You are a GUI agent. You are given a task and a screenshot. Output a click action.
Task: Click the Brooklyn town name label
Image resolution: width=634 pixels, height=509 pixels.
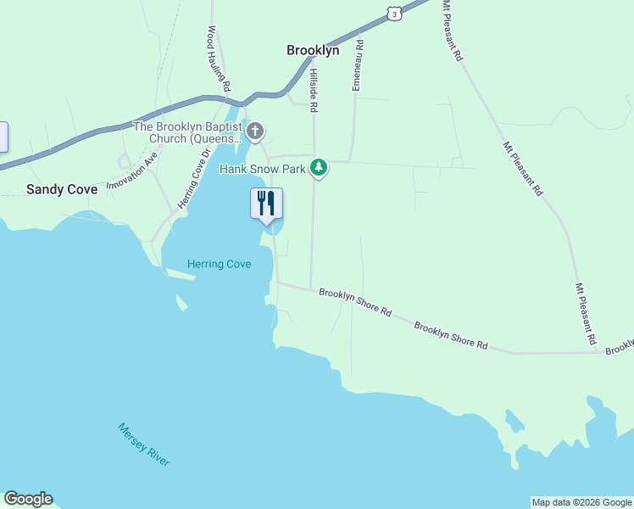tap(313, 50)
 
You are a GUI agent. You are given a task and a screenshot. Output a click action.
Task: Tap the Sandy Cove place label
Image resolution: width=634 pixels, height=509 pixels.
tap(62, 189)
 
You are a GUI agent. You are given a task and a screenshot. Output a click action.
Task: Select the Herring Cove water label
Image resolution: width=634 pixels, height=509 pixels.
tap(220, 264)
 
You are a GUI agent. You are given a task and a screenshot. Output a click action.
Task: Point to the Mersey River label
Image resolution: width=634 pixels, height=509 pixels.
tap(144, 444)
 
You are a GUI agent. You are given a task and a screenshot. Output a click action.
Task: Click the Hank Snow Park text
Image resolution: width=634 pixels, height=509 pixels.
tap(262, 169)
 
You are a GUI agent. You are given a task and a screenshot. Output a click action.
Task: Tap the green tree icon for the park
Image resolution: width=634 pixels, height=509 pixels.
tap(319, 168)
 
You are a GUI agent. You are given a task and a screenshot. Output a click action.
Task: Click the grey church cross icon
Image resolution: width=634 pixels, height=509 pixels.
tap(255, 131)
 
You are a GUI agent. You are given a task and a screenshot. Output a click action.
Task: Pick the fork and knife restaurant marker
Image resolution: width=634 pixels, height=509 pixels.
tap(266, 204)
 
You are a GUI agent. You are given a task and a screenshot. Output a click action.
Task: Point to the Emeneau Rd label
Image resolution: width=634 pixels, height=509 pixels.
tap(358, 64)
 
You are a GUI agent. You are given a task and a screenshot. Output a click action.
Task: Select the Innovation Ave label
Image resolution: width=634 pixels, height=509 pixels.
tap(132, 171)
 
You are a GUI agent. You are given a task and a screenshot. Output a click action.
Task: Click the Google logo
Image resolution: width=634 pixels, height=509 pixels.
tap(28, 499)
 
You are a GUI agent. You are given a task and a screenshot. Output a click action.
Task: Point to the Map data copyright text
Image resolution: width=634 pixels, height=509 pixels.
tap(581, 502)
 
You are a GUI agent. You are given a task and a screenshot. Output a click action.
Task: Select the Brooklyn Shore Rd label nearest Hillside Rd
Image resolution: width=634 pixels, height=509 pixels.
tap(355, 302)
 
